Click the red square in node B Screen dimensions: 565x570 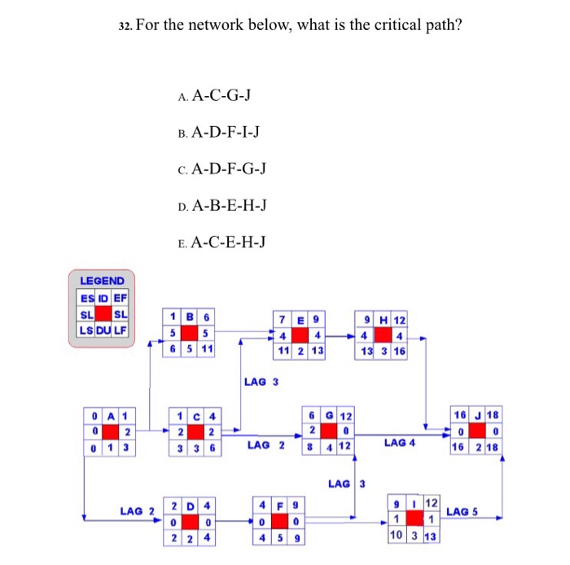point(190,333)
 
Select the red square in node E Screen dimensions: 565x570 point(300,335)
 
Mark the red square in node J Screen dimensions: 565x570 point(476,432)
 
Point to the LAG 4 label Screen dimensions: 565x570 point(400,443)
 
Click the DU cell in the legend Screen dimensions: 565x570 point(103,330)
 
